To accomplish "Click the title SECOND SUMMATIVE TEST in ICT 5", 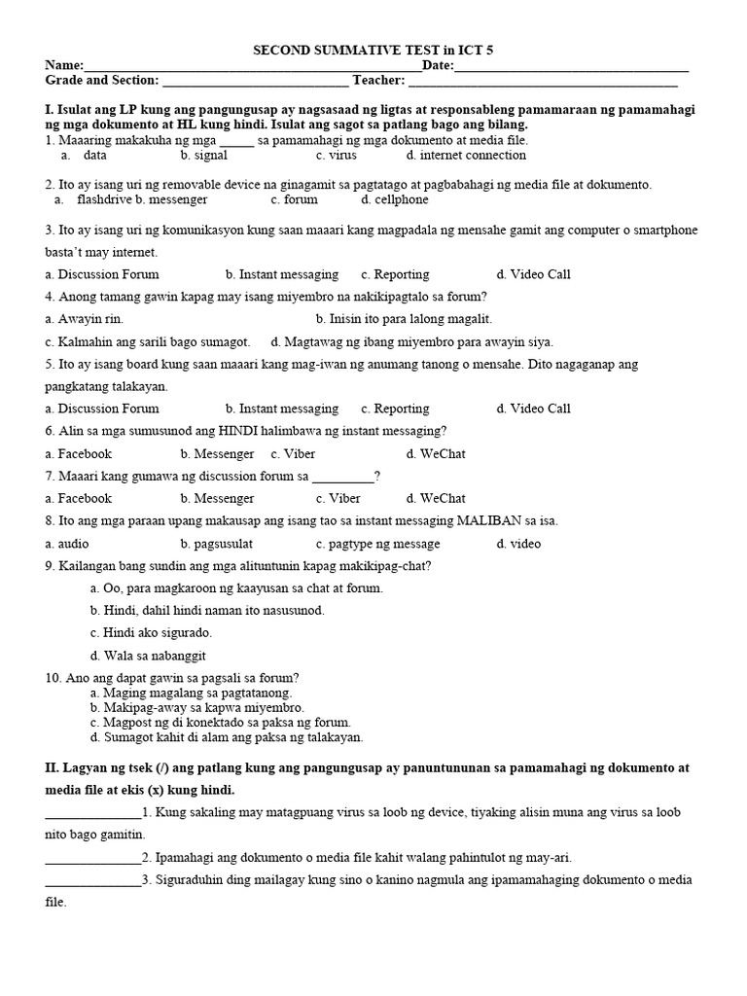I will tap(373, 50).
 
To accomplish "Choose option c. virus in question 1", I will tap(336, 156).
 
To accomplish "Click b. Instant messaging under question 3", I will tap(281, 274).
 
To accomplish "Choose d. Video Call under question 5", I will tap(533, 409).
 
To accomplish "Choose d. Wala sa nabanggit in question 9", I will tap(148, 657).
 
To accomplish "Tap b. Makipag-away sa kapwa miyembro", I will tap(196, 709).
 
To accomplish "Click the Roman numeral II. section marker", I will tap(53, 768).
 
